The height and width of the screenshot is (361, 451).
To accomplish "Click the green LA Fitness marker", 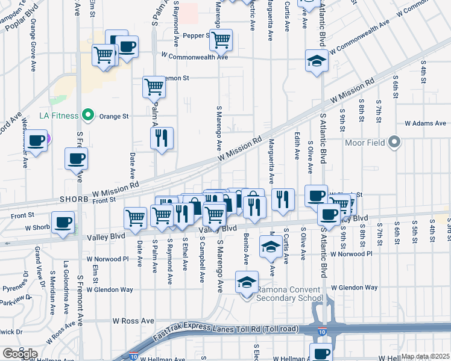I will pos(89,114).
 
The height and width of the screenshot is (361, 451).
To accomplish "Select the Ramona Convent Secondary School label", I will pos(290,294).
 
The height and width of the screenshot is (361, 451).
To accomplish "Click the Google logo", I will pos(20,354).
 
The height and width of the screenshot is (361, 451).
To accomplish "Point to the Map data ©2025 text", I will pos(425,356).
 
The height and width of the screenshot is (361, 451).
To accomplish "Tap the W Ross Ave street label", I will pos(129,321).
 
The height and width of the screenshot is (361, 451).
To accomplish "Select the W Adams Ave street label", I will pos(425,123).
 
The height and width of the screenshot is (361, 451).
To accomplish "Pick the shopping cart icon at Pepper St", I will pos(222,40).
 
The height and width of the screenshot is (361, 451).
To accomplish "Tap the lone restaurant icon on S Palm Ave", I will pos(162,138).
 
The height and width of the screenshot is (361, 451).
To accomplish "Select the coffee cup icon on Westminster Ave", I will pos(37,141).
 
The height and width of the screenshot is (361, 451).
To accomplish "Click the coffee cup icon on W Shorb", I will pos(63,222).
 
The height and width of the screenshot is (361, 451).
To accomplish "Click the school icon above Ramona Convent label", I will pos(247,282).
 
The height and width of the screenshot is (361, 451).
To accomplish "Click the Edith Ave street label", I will pos(297,146).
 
